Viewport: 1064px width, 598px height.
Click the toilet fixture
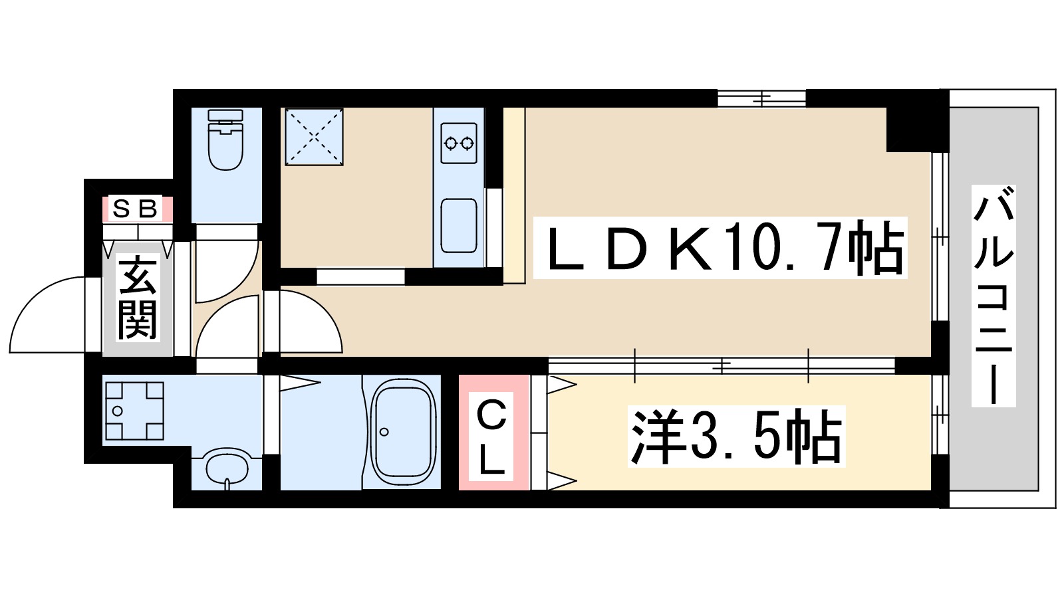225,141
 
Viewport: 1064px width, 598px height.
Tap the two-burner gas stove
460,142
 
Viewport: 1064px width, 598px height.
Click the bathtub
402,432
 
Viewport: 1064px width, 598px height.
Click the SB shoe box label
136,209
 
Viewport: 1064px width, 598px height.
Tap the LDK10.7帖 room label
722,249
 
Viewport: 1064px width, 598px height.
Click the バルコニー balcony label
994,296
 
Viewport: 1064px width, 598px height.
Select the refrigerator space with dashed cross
314,137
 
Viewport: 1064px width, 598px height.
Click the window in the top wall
761,98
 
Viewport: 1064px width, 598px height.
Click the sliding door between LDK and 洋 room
722,365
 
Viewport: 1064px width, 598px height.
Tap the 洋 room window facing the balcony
939,415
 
